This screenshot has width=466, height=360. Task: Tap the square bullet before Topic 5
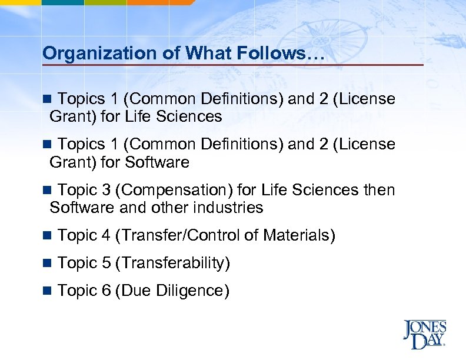pyautogui.click(x=48, y=264)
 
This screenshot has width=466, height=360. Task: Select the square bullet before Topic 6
pyautogui.click(x=48, y=291)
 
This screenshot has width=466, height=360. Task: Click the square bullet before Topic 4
pyautogui.click(x=48, y=236)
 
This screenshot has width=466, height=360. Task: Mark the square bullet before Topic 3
pyautogui.click(x=48, y=191)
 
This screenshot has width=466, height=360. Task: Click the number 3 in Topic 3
pyautogui.click(x=106, y=191)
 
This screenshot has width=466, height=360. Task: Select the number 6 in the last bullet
pyautogui.click(x=106, y=291)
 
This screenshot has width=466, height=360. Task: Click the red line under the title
pyautogui.click(x=232, y=65)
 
